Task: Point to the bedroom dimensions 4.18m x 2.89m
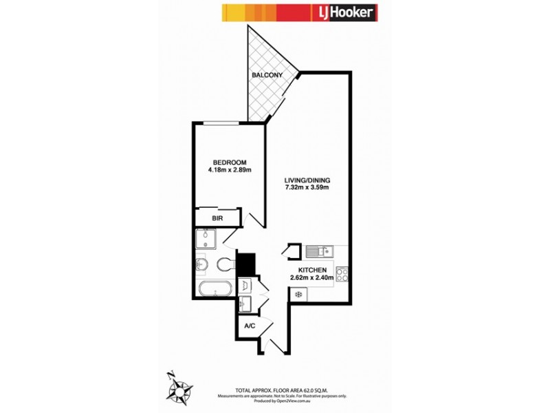tap(229, 170)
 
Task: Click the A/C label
tap(249, 327)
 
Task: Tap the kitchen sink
tap(320, 251)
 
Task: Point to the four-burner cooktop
tap(342, 274)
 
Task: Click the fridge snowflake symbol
tap(298, 294)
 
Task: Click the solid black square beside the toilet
tap(246, 262)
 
